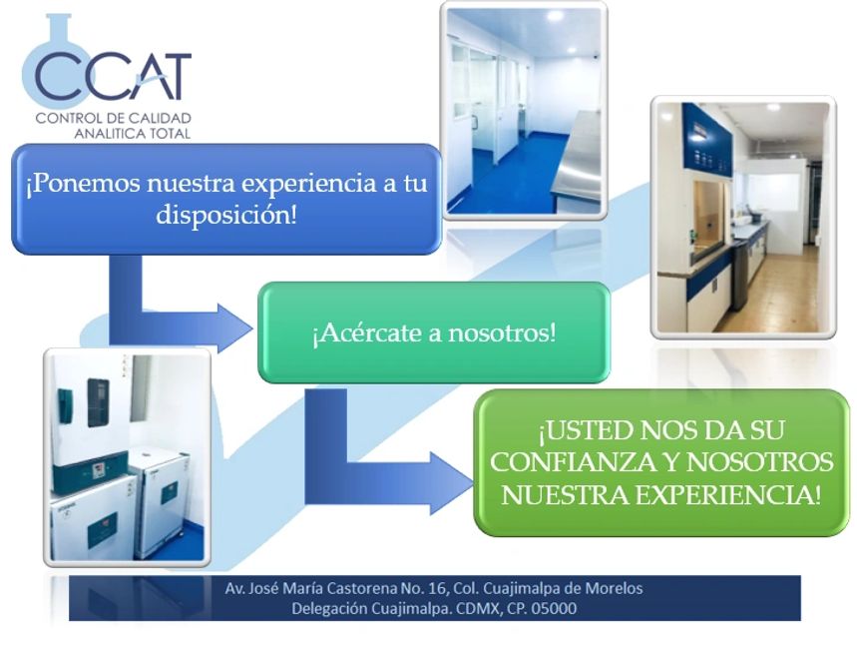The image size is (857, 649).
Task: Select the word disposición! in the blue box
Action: (225, 216)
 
